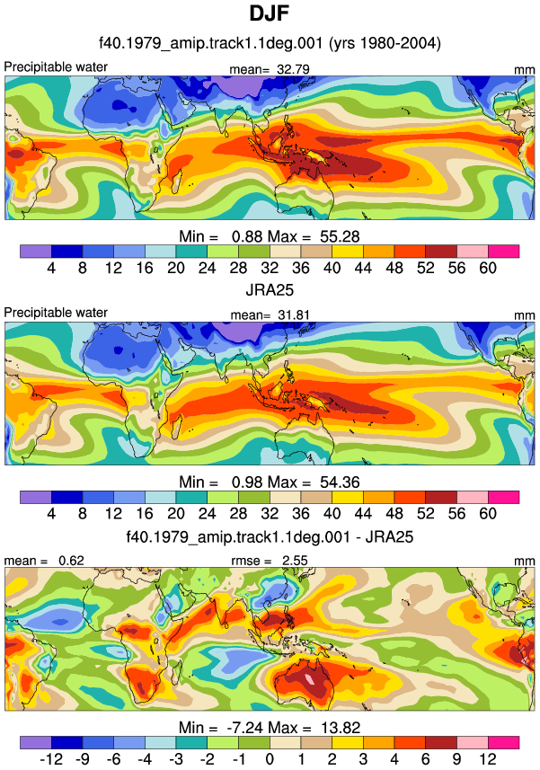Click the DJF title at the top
click(x=269, y=13)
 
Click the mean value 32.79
click(x=293, y=69)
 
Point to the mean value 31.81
click(x=294, y=314)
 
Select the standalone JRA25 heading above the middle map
click(x=270, y=289)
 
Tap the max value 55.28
click(x=340, y=236)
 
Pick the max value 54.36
click(x=340, y=482)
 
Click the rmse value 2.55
click(x=295, y=561)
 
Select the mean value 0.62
click(x=71, y=561)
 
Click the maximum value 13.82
click(x=341, y=727)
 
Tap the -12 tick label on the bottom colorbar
click(x=51, y=759)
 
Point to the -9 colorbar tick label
click(x=83, y=759)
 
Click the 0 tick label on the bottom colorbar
click(x=270, y=759)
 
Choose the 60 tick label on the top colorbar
click(x=488, y=268)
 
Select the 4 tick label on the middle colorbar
click(x=51, y=513)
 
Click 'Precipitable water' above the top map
click(x=56, y=66)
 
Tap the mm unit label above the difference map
click(x=525, y=561)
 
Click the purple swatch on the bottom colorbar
click(x=36, y=742)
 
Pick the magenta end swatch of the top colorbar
click(x=504, y=252)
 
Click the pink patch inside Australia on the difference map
click(x=309, y=679)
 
